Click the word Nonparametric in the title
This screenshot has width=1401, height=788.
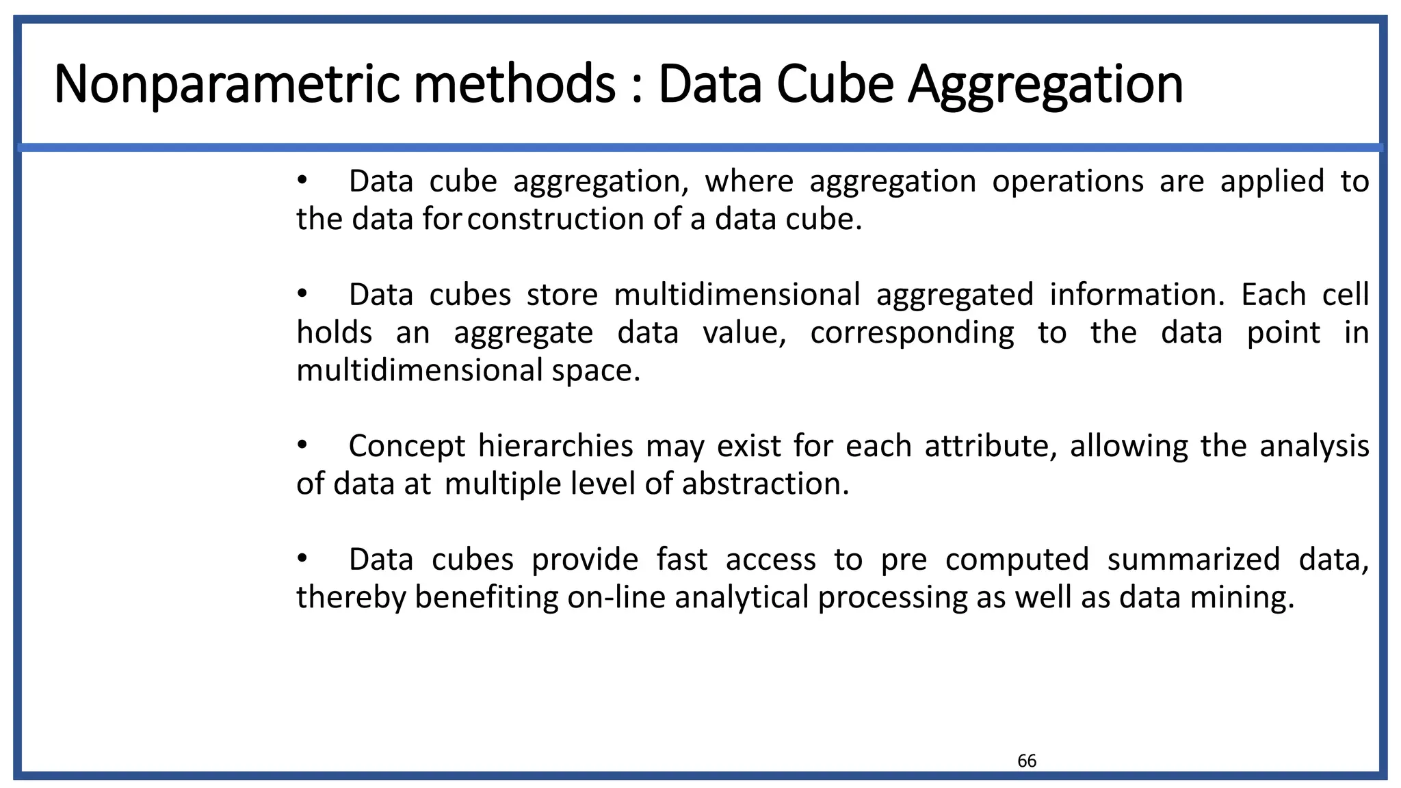(x=226, y=85)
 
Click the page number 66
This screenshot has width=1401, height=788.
(x=1027, y=761)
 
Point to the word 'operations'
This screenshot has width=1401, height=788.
(x=1068, y=182)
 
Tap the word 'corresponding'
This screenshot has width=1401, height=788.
(x=912, y=334)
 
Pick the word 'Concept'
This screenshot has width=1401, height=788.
(x=407, y=447)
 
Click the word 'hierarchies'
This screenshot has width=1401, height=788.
(x=555, y=447)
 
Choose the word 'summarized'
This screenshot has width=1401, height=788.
(x=1193, y=560)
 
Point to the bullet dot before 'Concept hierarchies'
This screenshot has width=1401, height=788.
(x=302, y=445)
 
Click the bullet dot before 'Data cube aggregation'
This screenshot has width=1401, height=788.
(x=302, y=181)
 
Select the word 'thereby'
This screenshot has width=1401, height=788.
(x=352, y=598)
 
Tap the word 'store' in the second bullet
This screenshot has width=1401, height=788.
(x=562, y=295)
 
